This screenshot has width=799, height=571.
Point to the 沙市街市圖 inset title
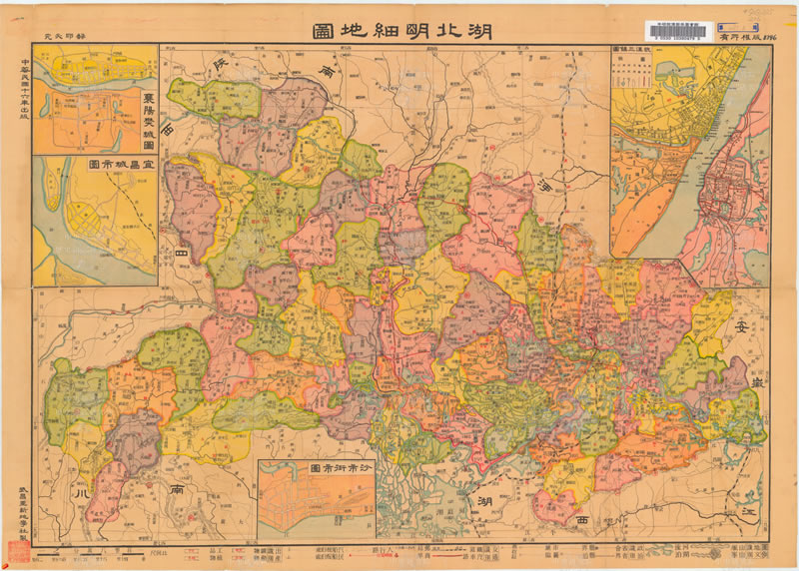(317, 467)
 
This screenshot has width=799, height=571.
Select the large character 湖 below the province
(485, 500)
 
